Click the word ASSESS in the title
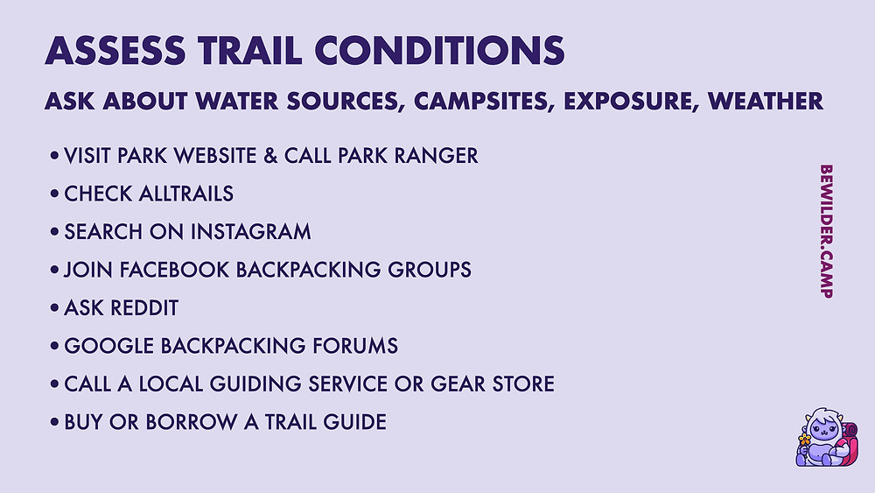115,50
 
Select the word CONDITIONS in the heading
440,50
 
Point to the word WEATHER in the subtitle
765,101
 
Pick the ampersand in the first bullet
270,156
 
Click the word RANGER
437,156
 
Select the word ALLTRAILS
185,194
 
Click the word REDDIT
144,307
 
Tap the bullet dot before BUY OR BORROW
54,421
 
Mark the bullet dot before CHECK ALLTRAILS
54,194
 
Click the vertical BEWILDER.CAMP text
827,231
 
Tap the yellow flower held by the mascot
804,440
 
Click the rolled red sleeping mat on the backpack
850,431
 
